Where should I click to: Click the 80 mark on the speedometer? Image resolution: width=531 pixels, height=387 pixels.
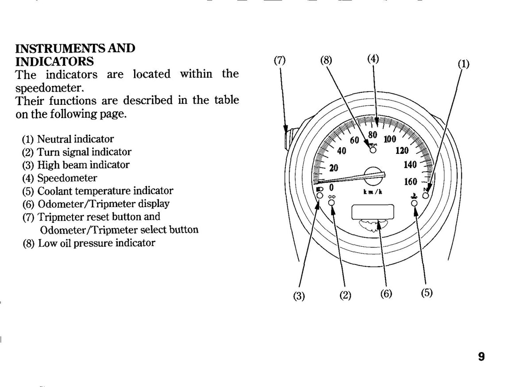pyautogui.click(x=373, y=134)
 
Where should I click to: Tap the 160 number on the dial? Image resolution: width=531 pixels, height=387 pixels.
pyautogui.click(x=411, y=182)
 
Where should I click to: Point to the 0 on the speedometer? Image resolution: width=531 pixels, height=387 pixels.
pyautogui.click(x=331, y=187)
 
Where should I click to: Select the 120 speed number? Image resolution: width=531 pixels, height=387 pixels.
pyautogui.click(x=402, y=150)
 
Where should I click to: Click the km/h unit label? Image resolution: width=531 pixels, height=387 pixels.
pyautogui.click(x=373, y=192)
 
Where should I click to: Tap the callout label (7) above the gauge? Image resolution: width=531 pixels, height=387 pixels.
pyautogui.click(x=280, y=61)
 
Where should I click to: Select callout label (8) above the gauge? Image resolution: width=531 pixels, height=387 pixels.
pyautogui.click(x=326, y=61)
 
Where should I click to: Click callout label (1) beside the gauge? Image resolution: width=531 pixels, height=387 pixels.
pyautogui.click(x=463, y=64)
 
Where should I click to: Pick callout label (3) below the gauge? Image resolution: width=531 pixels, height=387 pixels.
pyautogui.click(x=299, y=296)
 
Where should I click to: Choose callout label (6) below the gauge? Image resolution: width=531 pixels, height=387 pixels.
pyautogui.click(x=386, y=294)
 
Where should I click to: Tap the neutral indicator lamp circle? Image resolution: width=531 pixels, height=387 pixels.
pyautogui.click(x=426, y=196)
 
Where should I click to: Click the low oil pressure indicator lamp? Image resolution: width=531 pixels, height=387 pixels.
pyautogui.click(x=373, y=150)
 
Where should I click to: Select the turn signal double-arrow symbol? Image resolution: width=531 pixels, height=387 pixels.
pyautogui.click(x=331, y=197)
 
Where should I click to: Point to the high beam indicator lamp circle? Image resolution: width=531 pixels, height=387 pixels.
pyautogui.click(x=320, y=195)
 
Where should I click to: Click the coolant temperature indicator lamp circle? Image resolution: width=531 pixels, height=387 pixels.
pyautogui.click(x=414, y=203)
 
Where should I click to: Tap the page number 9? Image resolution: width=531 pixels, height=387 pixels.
pyautogui.click(x=481, y=356)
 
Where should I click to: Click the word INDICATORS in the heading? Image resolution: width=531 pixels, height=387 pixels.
pyautogui.click(x=54, y=61)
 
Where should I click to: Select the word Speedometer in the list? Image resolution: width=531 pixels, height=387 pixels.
pyautogui.click(x=67, y=178)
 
